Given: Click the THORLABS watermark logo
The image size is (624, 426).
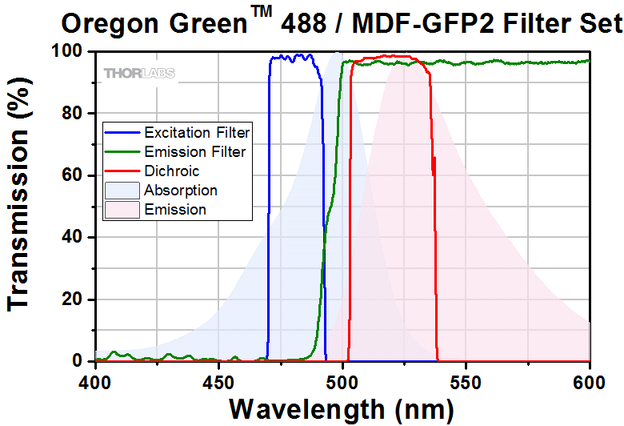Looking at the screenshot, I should (x=139, y=74).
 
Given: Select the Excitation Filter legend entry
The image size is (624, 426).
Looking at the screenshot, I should (x=197, y=132).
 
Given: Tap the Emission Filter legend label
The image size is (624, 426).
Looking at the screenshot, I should (x=194, y=151).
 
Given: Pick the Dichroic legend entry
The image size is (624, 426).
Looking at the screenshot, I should (x=172, y=171).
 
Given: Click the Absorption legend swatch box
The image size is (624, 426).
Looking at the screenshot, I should (x=122, y=191).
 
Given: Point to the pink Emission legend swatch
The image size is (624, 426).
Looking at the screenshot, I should (x=122, y=210).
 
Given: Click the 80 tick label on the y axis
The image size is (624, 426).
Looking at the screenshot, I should (x=72, y=114).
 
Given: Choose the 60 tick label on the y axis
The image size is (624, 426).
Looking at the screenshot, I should (x=72, y=175).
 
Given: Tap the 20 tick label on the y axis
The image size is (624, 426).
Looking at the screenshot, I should (x=72, y=299).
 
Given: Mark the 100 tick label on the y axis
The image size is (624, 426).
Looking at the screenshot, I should (x=66, y=51).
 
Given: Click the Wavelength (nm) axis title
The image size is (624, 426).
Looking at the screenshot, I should (x=342, y=408).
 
